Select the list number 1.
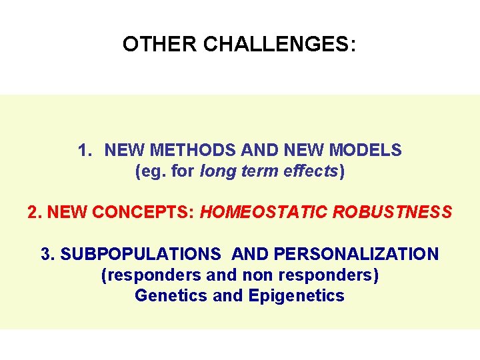[x=83, y=150]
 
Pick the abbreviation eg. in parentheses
[x=151, y=171]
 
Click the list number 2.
[x=34, y=213]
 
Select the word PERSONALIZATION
[x=357, y=254]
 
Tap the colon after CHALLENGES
[x=352, y=45]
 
